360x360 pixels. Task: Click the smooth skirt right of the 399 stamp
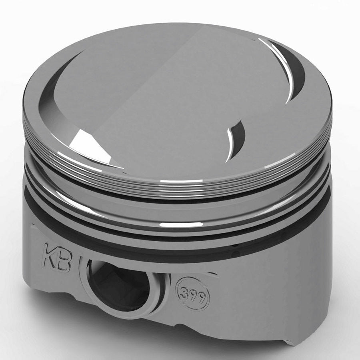272,296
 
